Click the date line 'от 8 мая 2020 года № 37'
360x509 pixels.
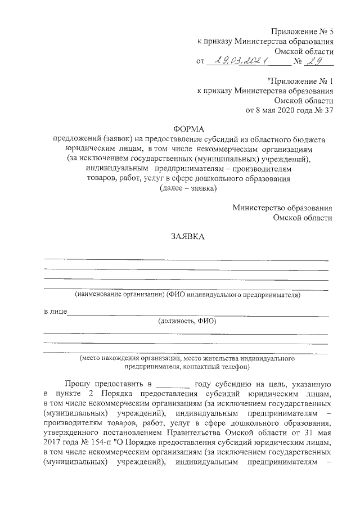click(290, 110)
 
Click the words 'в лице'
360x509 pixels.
click(55, 311)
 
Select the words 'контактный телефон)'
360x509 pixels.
click(217, 366)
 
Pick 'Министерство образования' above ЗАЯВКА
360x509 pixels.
click(282, 208)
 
